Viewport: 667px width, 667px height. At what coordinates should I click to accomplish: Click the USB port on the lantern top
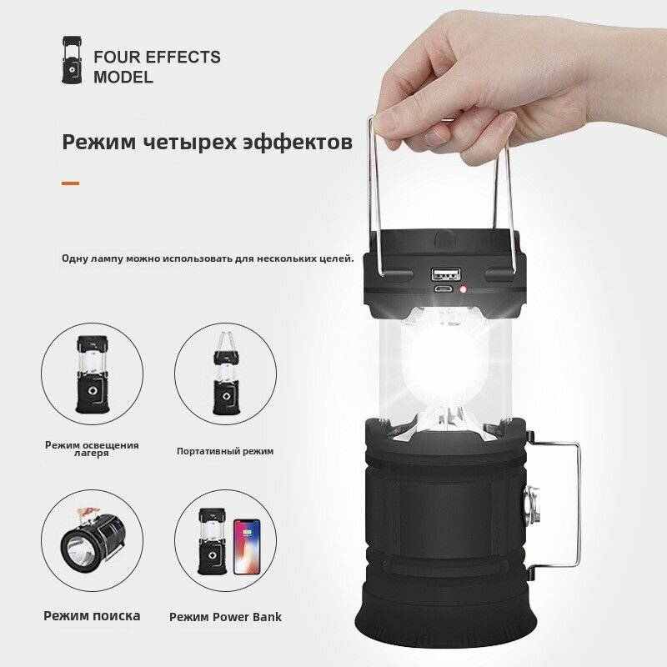pos(446,273)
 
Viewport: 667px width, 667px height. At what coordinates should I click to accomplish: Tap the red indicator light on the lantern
pos(463,289)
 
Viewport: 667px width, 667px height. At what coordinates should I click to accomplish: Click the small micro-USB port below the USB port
pos(444,289)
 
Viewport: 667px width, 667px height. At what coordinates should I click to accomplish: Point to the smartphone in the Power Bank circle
pos(247,546)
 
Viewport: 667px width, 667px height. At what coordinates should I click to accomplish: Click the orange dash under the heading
pos(70,183)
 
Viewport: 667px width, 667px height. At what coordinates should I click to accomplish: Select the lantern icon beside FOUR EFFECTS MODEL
pos(72,59)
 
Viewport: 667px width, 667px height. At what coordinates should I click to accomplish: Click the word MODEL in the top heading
pos(123,78)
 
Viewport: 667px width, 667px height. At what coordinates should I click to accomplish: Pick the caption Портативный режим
pos(225,451)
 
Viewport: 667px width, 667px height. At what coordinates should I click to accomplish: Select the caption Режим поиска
pos(92,615)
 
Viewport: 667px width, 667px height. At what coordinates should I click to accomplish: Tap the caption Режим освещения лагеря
pos(92,449)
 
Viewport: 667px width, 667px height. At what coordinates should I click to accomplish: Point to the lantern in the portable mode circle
pos(226,373)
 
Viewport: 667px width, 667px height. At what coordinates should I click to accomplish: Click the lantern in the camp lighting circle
pos(92,374)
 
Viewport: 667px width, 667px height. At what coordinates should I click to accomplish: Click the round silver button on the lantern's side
pos(532,506)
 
